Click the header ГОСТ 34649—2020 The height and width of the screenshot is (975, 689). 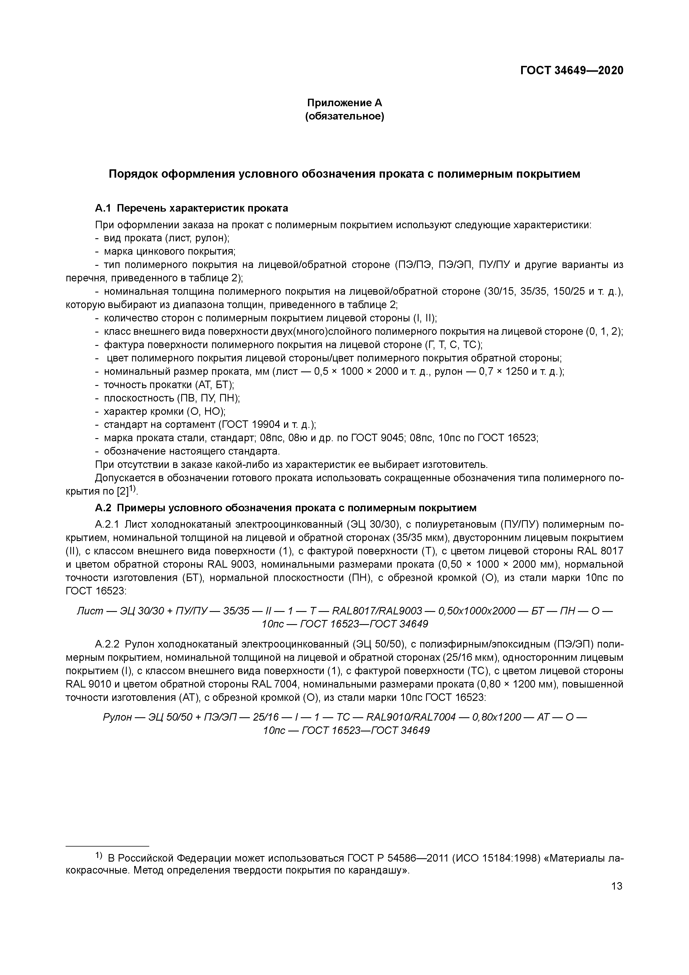click(572, 71)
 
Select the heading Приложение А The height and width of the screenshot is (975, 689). click(344, 103)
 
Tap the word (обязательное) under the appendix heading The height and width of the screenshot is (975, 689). click(344, 116)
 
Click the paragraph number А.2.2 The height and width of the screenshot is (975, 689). click(107, 645)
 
